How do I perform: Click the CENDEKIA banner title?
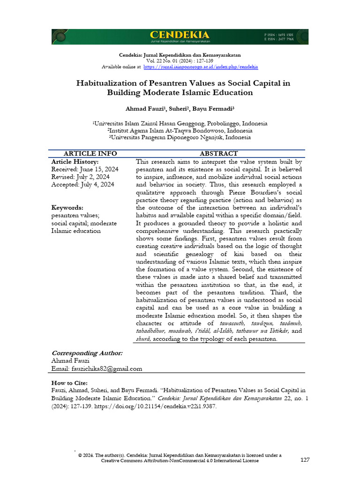pos(180,35)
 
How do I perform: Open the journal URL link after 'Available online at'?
pos(201,67)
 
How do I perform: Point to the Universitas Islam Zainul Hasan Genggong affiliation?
pos(180,124)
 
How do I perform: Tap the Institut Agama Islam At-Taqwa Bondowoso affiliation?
pos(180,131)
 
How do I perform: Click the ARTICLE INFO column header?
pos(90,154)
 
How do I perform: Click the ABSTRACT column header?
pos(219,154)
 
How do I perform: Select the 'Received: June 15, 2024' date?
pos(85,169)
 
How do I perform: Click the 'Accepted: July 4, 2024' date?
pos(82,185)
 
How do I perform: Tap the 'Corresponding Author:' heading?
pos(87,353)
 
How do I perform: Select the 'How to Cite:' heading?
pos(69,383)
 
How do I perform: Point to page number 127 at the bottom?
pos(305,460)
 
